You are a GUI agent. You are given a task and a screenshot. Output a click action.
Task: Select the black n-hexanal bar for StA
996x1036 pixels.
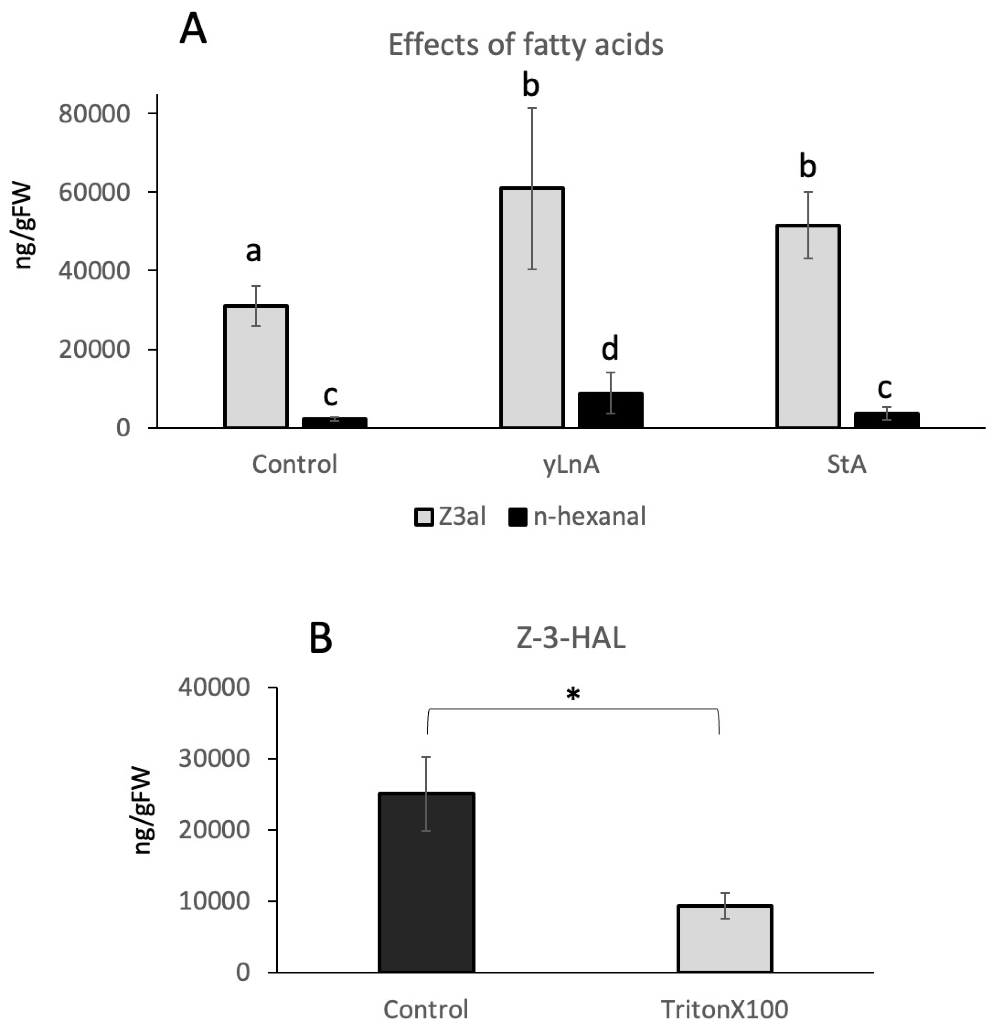[x=886, y=420]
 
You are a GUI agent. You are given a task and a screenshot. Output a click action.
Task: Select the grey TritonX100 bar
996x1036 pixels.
[x=725, y=938]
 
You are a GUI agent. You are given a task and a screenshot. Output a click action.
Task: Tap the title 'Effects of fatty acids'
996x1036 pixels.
[x=526, y=44]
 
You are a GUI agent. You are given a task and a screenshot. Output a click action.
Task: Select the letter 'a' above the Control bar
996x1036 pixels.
[x=253, y=252]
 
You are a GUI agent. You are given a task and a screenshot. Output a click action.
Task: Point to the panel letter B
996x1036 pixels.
[x=321, y=638]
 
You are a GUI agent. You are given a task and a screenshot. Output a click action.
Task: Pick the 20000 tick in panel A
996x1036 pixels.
[x=94, y=349]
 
